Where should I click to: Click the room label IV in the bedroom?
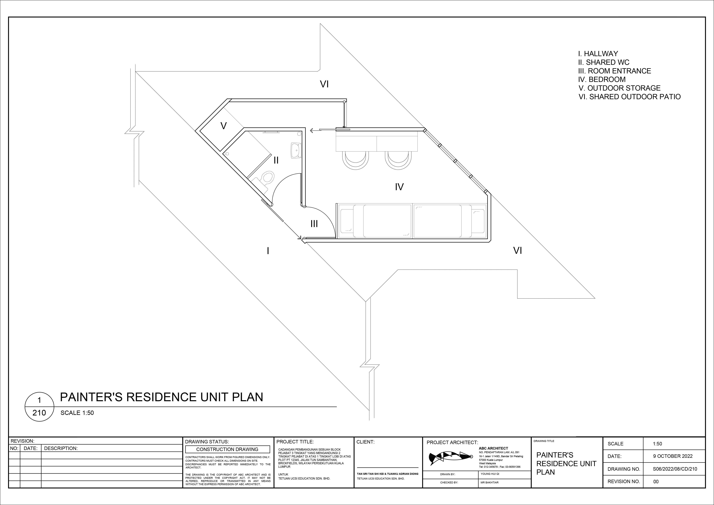coord(399,187)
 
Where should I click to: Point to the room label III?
coord(314,224)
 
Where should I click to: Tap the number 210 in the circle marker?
coord(39,413)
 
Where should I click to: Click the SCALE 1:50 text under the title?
coord(77,413)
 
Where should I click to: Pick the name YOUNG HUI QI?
coord(490,474)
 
